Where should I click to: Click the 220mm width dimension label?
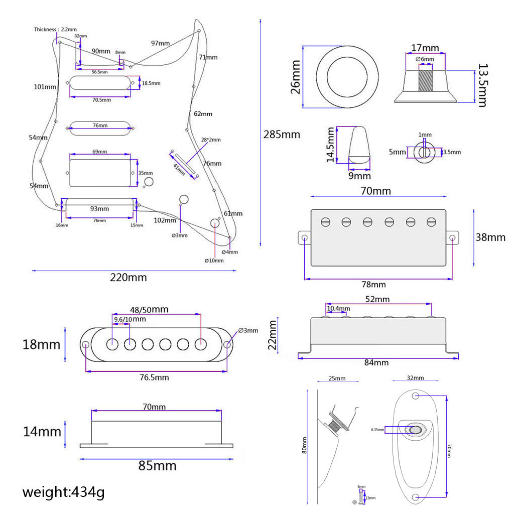click(128, 278)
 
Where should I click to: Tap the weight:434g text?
click(63, 492)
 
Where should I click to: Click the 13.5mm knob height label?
click(482, 85)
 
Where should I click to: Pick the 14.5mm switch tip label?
click(330, 144)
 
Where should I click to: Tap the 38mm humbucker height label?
click(490, 237)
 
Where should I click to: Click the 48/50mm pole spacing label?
click(150, 309)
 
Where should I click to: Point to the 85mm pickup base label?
click(157, 466)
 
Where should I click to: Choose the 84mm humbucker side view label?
click(376, 362)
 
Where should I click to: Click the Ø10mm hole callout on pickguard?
click(214, 261)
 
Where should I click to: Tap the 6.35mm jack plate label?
click(377, 430)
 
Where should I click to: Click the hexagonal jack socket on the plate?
click(416, 430)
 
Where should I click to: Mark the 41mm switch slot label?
click(179, 167)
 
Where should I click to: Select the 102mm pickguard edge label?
click(165, 220)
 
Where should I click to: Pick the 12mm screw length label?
click(370, 497)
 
